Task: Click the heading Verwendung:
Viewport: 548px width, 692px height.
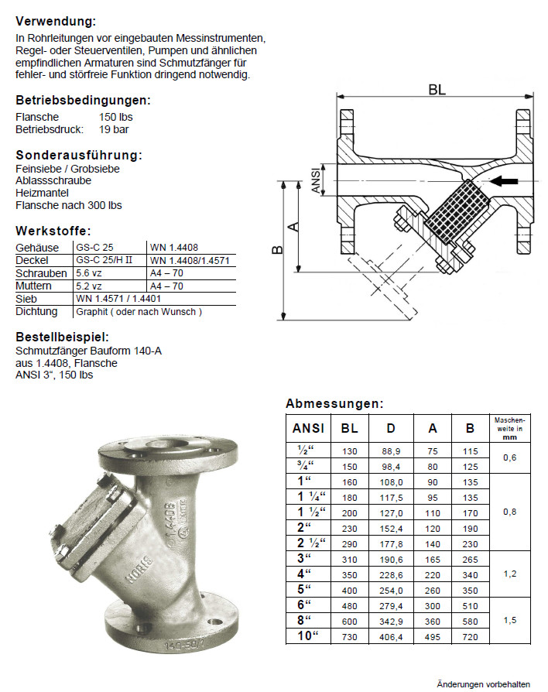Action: click(x=56, y=21)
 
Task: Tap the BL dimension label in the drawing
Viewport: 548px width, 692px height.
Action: click(x=437, y=89)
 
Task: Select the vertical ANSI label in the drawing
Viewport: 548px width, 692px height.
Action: click(x=315, y=183)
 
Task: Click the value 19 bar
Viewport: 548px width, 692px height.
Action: click(x=114, y=128)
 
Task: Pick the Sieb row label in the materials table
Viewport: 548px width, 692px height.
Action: click(x=26, y=298)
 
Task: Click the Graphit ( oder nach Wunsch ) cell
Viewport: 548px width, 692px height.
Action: click(x=139, y=312)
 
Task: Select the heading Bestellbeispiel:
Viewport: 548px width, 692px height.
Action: click(x=62, y=337)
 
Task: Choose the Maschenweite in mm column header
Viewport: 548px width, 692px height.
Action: click(x=509, y=427)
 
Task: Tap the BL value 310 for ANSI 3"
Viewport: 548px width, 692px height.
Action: click(x=350, y=558)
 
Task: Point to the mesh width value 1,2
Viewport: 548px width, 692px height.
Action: click(x=509, y=574)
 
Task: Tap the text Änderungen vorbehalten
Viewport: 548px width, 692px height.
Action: click(x=483, y=684)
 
